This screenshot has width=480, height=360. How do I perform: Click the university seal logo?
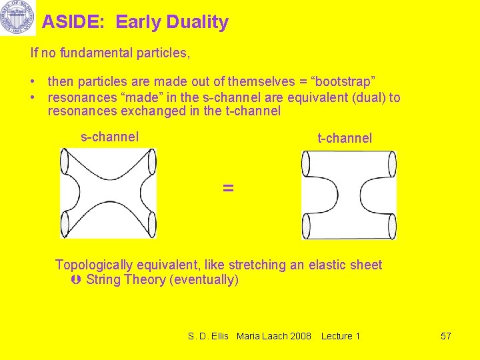(17, 18)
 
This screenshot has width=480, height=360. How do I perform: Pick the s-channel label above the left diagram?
(109, 137)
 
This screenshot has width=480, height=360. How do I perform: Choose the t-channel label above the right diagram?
(345, 138)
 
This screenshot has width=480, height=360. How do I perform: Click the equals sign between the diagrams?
(228, 188)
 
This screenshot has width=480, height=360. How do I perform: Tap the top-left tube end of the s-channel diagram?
(65, 162)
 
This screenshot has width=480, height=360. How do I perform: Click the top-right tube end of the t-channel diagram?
(392, 165)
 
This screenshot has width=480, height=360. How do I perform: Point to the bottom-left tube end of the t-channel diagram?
(306, 227)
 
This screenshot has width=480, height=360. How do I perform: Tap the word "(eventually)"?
(205, 279)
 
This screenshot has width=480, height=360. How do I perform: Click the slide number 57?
(446, 336)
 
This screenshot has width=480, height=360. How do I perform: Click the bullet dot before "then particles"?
(33, 82)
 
